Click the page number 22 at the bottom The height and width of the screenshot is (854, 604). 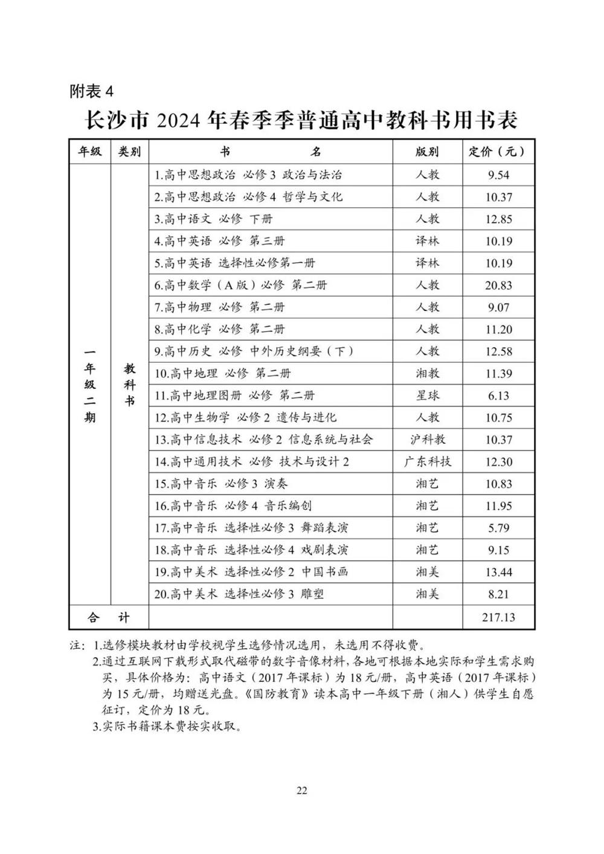(302, 790)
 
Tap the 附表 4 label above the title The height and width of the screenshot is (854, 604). (91, 92)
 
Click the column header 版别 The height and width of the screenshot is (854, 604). (427, 152)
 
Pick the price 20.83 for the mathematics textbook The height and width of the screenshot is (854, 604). (498, 285)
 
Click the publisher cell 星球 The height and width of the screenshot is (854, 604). (427, 396)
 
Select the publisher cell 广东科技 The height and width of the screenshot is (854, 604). (427, 462)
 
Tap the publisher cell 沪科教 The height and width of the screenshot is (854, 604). (427, 440)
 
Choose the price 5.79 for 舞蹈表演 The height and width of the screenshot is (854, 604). (498, 528)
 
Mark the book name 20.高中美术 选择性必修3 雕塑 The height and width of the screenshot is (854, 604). (239, 594)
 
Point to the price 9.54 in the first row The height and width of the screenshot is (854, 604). (498, 175)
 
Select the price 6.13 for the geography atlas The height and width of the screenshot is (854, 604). (498, 396)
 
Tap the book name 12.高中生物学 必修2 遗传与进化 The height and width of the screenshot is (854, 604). (245, 417)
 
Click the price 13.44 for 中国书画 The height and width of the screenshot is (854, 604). (498, 572)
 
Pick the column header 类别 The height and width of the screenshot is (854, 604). (129, 152)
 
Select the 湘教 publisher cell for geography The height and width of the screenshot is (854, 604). (427, 373)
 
